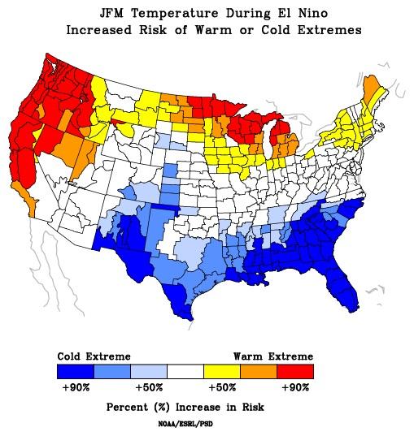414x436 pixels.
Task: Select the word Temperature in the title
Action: pyautogui.click(x=166, y=14)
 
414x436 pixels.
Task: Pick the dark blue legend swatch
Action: pyautogui.click(x=75, y=371)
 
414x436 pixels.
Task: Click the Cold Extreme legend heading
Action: pyautogui.click(x=94, y=356)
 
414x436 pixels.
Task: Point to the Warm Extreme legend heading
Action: pyautogui.click(x=273, y=356)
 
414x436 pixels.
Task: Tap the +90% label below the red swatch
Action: pyautogui.click(x=295, y=387)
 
